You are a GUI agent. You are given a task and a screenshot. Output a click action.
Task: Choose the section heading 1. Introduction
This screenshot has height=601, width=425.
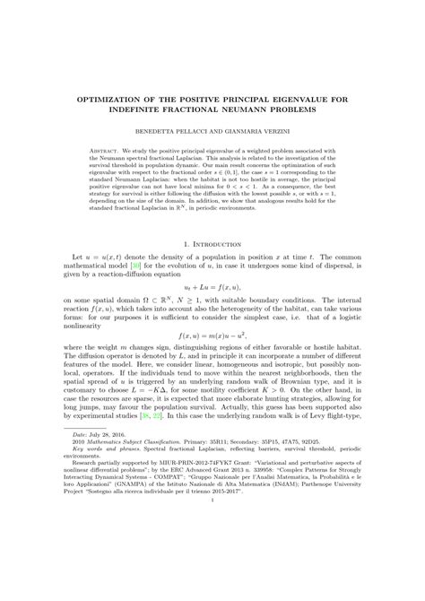(x=212, y=267)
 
